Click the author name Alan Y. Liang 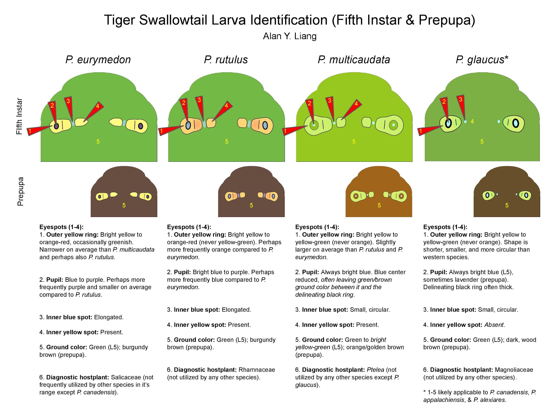(x=290, y=36)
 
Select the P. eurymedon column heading (x=98, y=60)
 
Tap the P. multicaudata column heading (x=354, y=60)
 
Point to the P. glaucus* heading (x=482, y=60)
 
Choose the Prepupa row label (x=20, y=192)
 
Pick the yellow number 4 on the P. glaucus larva (x=472, y=122)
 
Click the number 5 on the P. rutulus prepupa (x=251, y=205)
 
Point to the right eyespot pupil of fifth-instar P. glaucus (x=516, y=123)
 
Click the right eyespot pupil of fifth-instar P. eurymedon (x=141, y=126)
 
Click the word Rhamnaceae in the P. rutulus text (x=257, y=370)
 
